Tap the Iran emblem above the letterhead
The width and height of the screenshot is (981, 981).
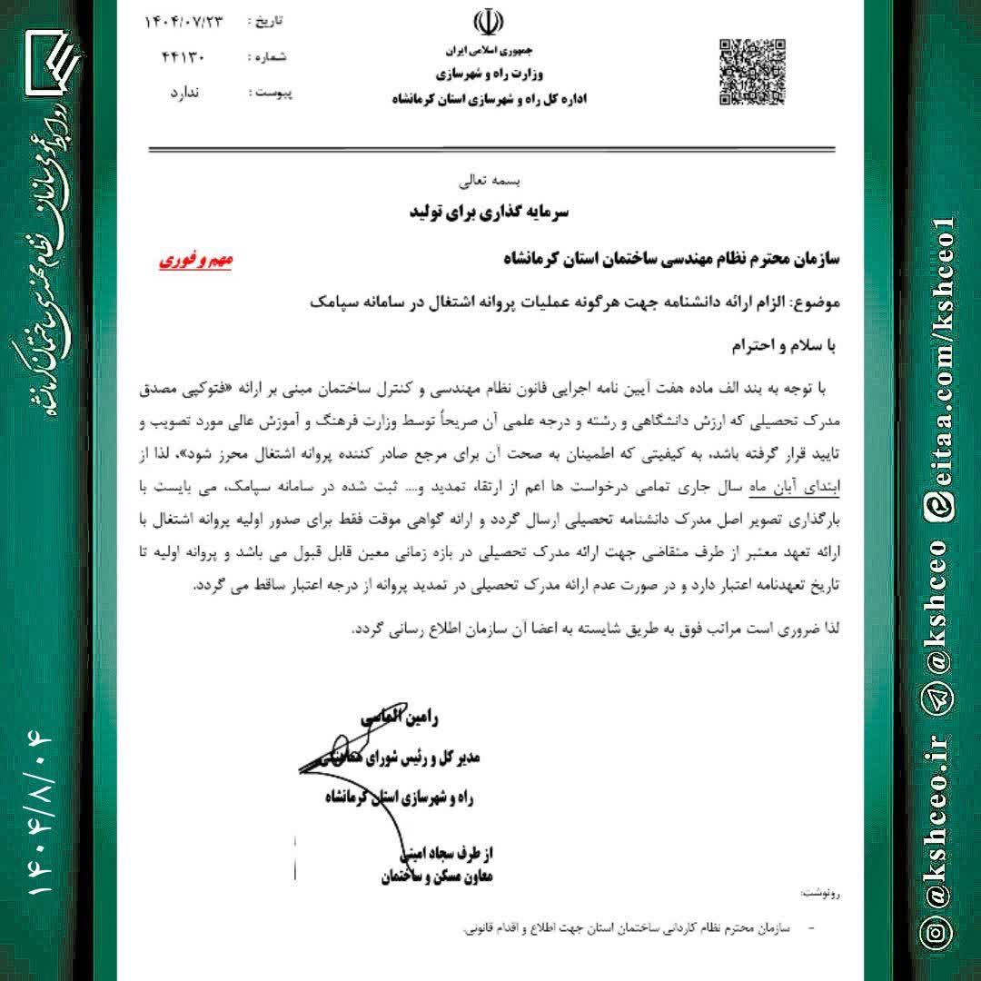coord(489,25)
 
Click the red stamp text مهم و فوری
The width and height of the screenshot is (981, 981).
coord(196,260)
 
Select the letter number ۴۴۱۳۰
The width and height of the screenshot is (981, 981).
coord(183,57)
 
